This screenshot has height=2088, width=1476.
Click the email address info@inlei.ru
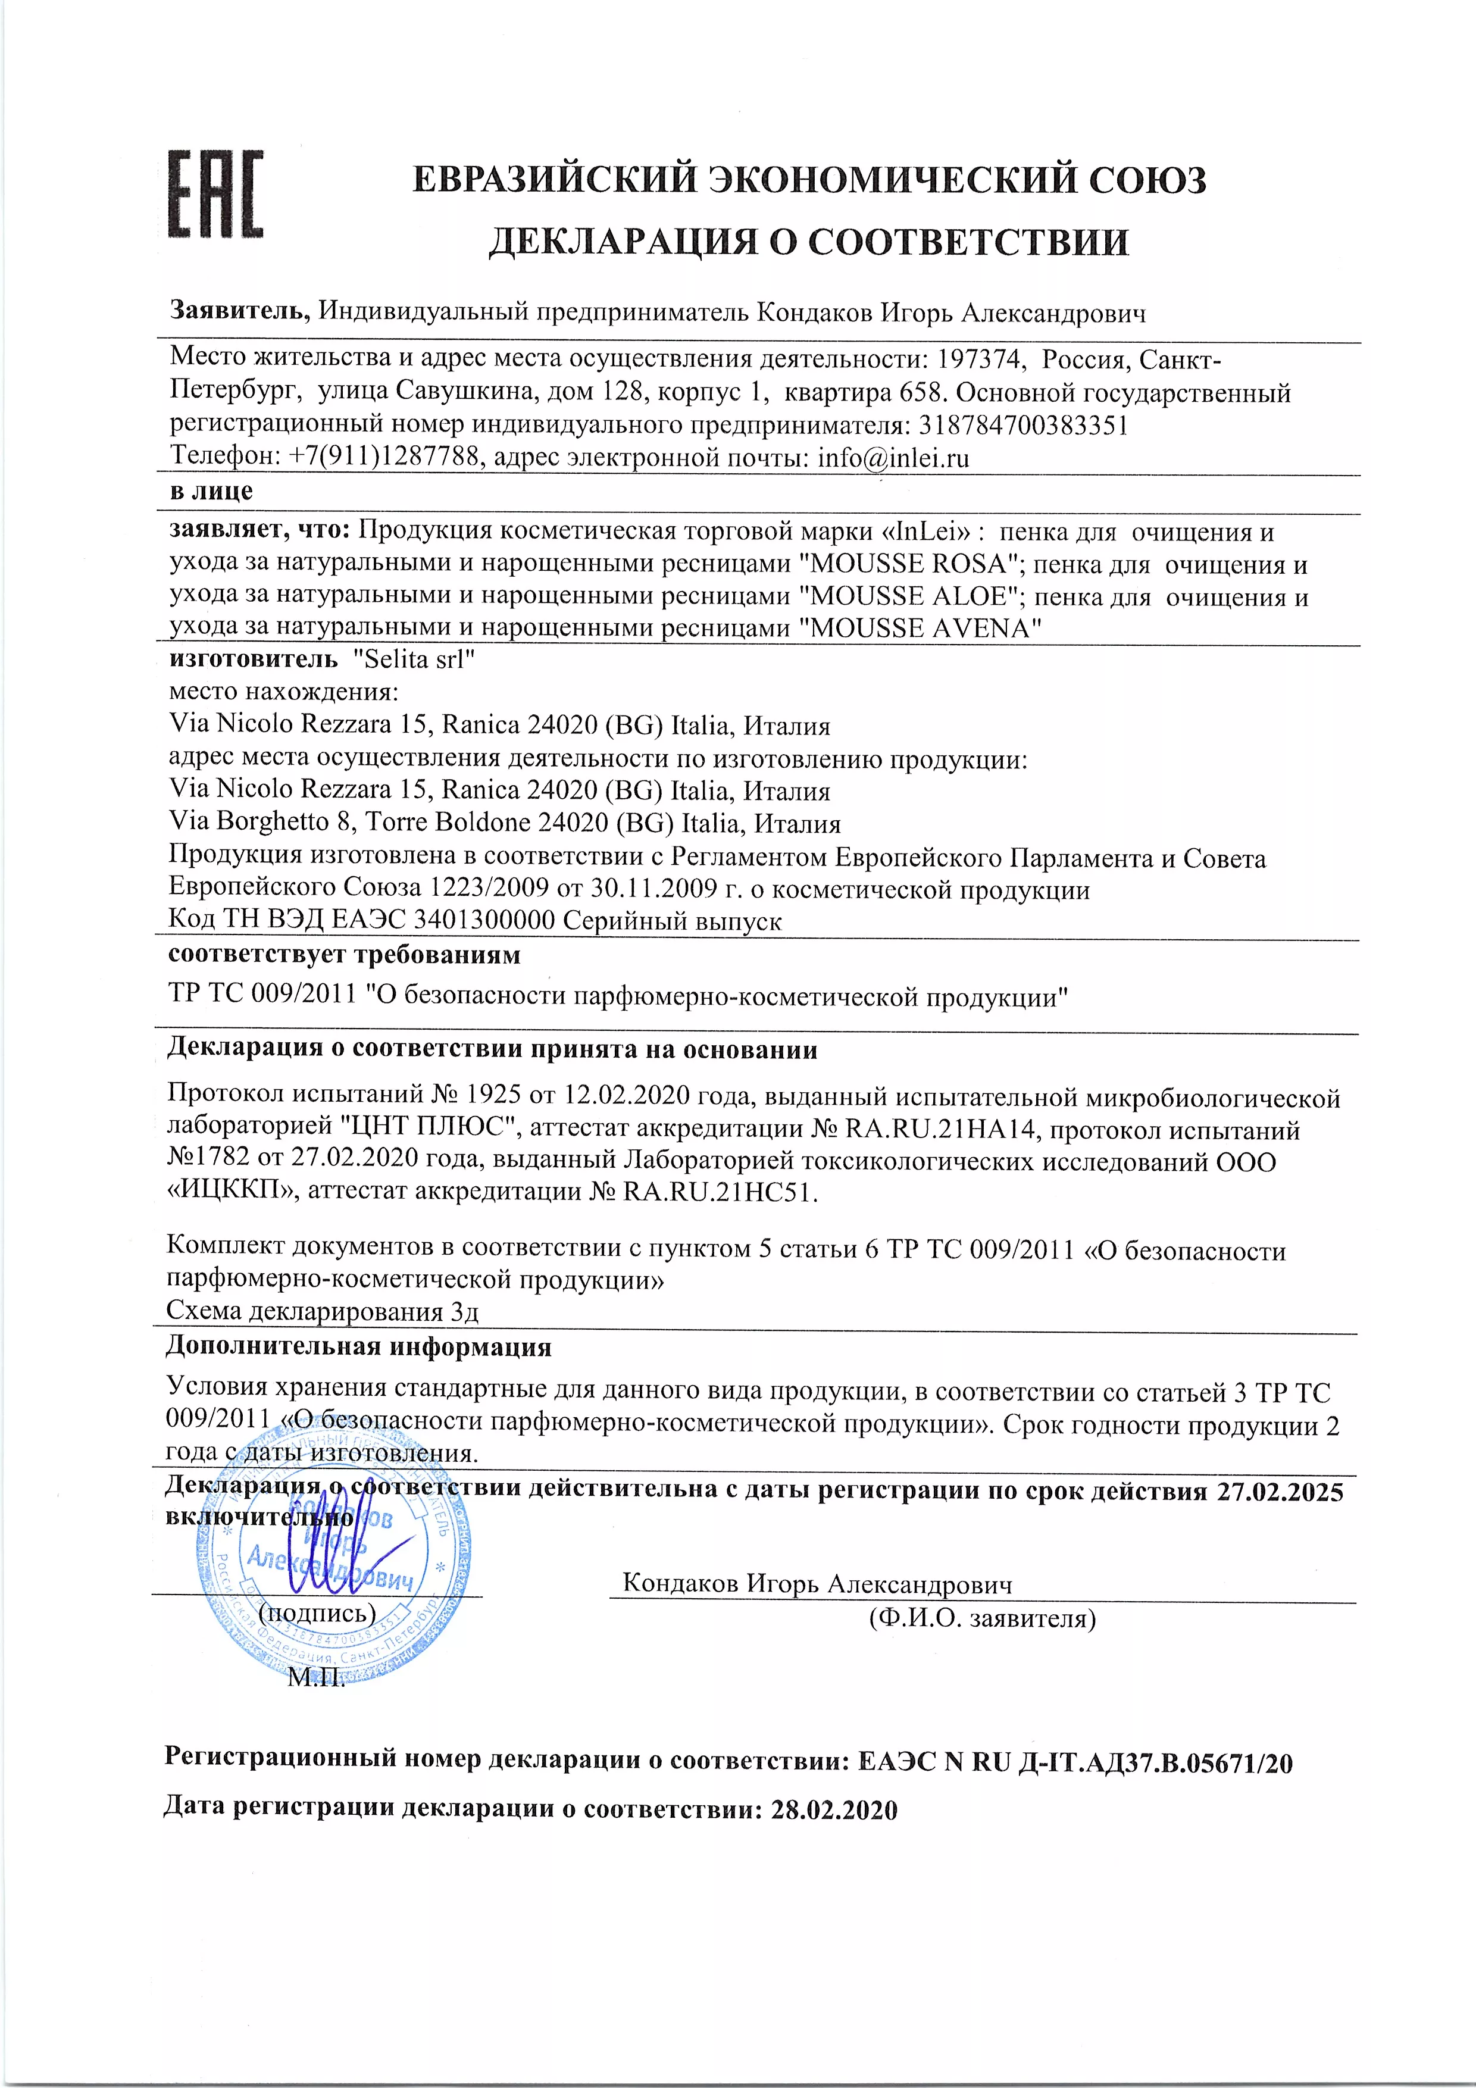[x=893, y=458]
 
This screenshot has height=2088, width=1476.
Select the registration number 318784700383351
[x=1023, y=426]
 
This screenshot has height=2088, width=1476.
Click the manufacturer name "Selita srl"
[x=414, y=659]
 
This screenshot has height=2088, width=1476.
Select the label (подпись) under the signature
[x=317, y=1612]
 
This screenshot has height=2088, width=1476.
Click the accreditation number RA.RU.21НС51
[x=720, y=1192]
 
